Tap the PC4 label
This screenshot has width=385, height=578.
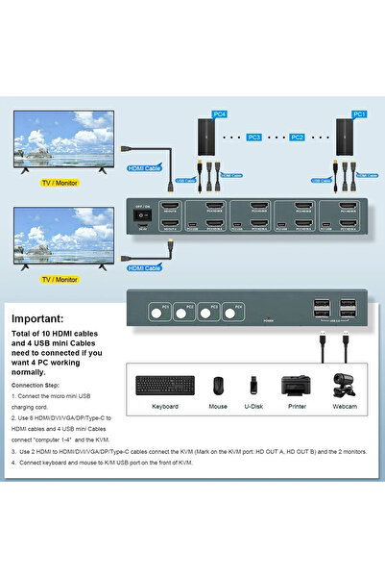click(x=220, y=114)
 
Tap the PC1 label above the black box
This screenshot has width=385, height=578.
click(x=359, y=114)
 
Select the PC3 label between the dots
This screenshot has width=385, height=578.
click(x=254, y=138)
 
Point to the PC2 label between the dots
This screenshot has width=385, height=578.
click(x=298, y=138)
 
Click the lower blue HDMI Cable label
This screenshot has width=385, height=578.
click(x=145, y=266)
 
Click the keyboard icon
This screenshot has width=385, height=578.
click(x=164, y=385)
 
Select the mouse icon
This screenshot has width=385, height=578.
click(x=218, y=385)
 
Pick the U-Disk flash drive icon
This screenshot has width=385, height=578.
click(x=254, y=385)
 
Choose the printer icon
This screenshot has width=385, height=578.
click(x=296, y=385)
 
